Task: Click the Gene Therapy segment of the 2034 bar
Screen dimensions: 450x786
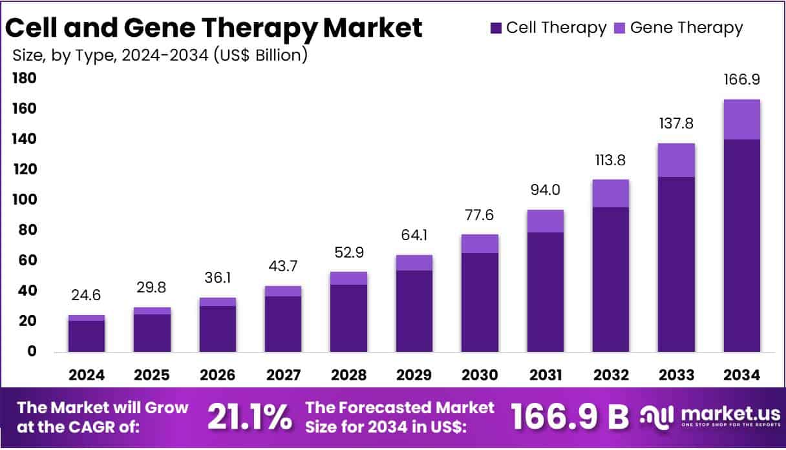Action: [741, 119]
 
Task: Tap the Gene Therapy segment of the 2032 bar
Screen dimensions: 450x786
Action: [610, 193]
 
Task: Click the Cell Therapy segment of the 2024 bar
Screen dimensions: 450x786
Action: [87, 336]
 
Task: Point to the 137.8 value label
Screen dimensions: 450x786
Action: [676, 124]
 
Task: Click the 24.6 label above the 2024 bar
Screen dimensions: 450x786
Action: [87, 296]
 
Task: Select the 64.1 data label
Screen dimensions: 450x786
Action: [414, 236]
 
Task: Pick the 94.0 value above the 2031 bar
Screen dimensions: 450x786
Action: [545, 190]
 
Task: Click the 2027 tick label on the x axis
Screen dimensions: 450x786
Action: [283, 375]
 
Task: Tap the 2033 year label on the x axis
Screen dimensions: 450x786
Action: [676, 375]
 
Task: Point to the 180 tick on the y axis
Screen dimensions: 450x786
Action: [23, 79]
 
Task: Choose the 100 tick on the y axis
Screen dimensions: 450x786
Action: [23, 200]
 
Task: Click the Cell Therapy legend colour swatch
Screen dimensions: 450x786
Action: [496, 28]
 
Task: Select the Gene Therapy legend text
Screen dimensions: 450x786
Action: [686, 28]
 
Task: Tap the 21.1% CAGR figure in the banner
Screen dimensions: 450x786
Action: [249, 418]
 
